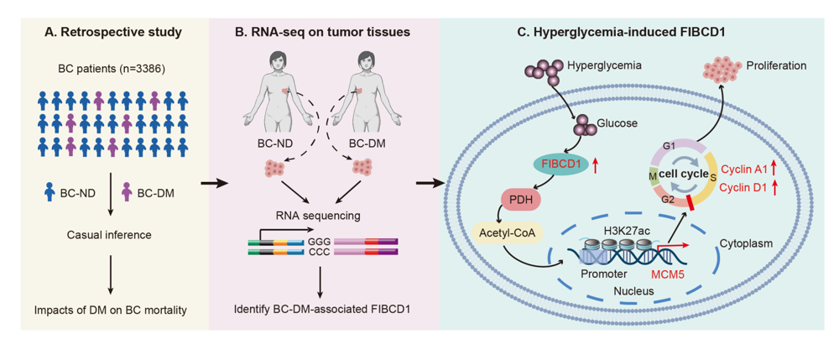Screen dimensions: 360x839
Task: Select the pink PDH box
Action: tap(521, 201)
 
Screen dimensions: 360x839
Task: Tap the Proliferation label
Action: tap(775, 65)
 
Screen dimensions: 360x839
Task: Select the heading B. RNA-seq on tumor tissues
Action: tap(321, 33)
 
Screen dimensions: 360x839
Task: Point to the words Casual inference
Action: tap(109, 235)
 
